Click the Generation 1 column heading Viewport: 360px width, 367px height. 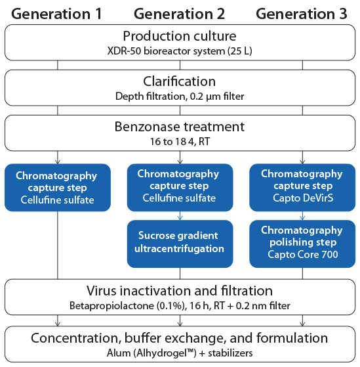point(58,13)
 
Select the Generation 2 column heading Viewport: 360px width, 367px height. point(180,13)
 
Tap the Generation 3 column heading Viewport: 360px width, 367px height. point(301,13)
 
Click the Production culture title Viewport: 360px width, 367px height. point(180,37)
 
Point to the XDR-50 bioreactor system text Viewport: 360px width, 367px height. point(180,51)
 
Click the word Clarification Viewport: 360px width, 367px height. point(180,82)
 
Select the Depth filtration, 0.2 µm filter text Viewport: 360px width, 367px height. point(180,96)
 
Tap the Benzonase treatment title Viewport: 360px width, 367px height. point(180,127)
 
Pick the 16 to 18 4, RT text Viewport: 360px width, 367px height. point(180,140)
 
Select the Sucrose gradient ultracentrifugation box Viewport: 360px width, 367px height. point(180,242)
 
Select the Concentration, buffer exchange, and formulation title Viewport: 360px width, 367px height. point(180,338)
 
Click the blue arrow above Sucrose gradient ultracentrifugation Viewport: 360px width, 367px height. point(180,214)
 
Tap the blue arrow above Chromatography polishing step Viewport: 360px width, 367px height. point(302,214)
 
